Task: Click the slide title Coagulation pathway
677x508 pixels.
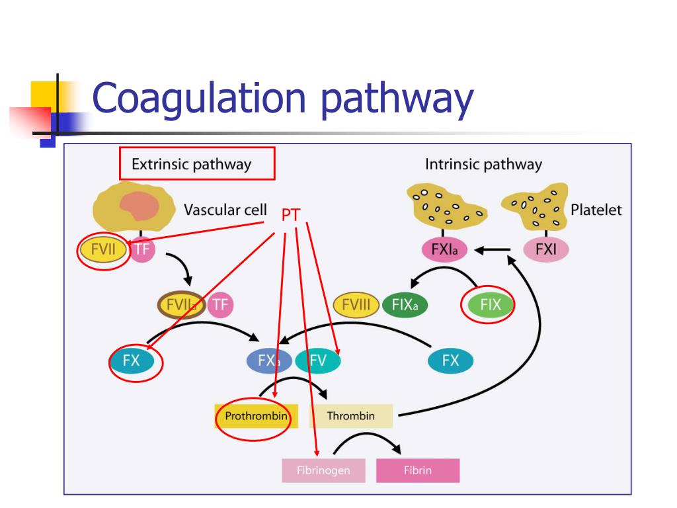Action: coord(283,99)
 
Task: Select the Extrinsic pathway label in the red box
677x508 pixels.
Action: coord(192,164)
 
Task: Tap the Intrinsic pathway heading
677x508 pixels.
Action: coord(483,164)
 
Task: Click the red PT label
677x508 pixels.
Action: coord(292,215)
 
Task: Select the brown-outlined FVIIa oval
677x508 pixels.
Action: coord(180,305)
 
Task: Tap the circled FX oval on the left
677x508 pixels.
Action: coord(132,361)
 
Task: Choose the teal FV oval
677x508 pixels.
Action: coord(318,361)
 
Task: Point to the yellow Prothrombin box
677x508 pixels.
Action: coord(256,416)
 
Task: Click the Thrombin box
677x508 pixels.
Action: coord(350,416)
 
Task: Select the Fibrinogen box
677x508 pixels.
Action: coord(323,471)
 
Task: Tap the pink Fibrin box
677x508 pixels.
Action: coord(418,471)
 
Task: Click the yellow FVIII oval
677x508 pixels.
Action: coord(356,305)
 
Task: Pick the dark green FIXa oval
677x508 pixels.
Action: coord(405,305)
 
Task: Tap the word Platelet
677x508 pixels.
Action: coord(596,210)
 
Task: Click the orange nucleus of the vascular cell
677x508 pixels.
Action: coord(139,206)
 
